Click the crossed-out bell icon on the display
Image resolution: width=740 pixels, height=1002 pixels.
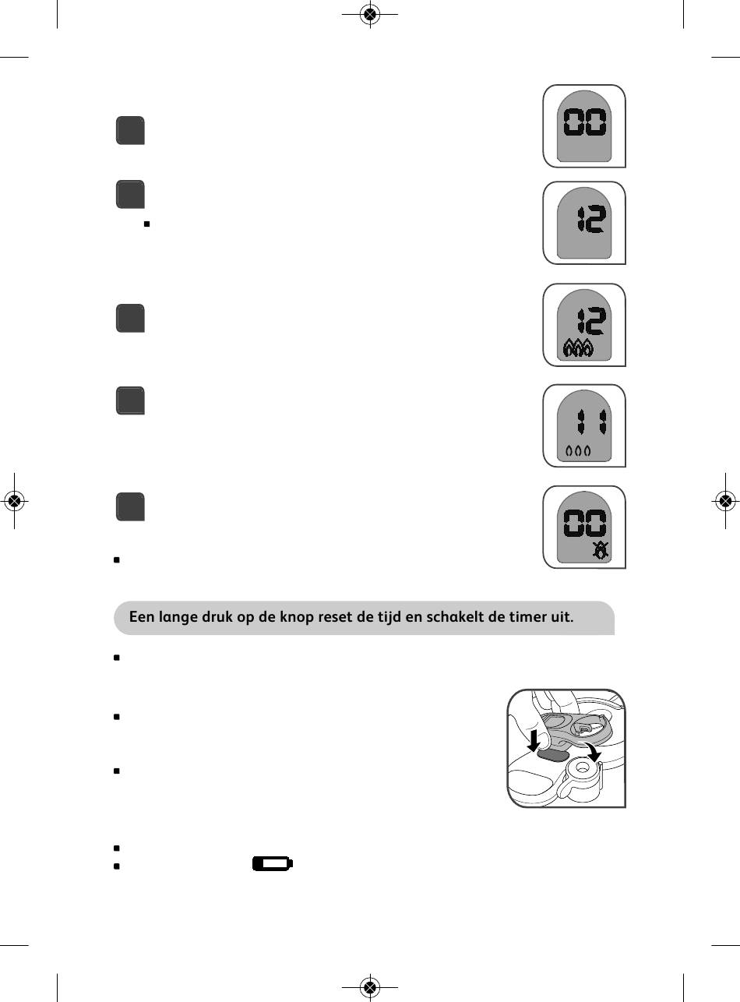[600, 551]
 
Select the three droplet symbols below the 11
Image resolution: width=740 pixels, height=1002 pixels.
[578, 450]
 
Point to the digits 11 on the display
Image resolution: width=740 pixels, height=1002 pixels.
[593, 424]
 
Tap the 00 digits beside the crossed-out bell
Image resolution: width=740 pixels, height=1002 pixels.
[584, 520]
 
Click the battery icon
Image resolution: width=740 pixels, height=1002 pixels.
[272, 864]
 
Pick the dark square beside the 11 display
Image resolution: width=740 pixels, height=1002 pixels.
[131, 401]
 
